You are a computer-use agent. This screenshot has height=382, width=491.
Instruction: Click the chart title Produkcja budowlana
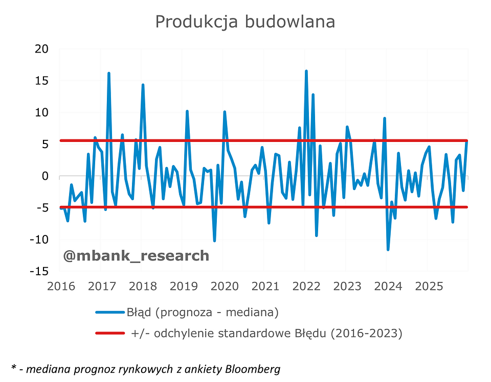(245, 22)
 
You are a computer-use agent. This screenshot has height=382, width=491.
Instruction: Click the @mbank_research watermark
(136, 255)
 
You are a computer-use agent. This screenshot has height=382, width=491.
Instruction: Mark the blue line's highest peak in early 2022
(306, 71)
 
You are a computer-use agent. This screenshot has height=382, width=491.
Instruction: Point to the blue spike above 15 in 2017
(109, 74)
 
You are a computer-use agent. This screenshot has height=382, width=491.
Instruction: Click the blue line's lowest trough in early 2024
(388, 249)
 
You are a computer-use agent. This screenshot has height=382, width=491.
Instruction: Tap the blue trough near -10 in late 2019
(214, 241)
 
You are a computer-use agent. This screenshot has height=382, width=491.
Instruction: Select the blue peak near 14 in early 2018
(143, 85)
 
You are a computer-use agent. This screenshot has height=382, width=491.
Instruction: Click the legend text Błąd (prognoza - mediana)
(202, 312)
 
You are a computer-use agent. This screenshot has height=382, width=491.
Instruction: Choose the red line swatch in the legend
(109, 333)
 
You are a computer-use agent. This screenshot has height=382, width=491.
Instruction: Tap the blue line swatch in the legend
(109, 312)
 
